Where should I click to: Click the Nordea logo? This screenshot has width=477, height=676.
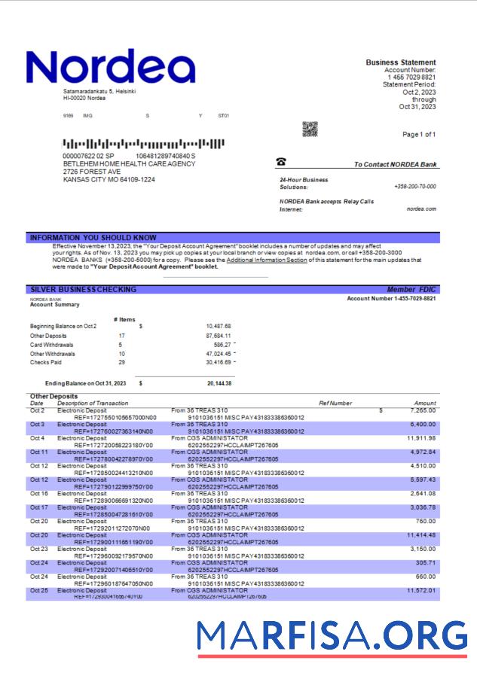coord(111,68)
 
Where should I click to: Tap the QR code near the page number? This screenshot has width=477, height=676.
coord(310,129)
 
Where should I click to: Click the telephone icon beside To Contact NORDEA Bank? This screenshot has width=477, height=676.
coord(281,162)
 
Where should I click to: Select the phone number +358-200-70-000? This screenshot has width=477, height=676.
coord(414,186)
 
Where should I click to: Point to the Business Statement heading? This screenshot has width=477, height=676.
coord(400,62)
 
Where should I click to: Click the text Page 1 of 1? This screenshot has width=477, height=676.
coord(419,134)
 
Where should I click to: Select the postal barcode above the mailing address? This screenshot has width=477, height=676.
coord(143,143)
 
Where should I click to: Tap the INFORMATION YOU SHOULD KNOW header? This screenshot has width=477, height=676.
coord(93,237)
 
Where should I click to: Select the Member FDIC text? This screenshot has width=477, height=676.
coord(411,289)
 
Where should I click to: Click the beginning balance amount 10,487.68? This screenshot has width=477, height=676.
coord(218,326)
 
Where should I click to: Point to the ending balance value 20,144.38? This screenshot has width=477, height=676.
coord(219,383)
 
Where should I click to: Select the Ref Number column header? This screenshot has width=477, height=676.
coord(335,403)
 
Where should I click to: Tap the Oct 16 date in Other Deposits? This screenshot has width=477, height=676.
coord(38,493)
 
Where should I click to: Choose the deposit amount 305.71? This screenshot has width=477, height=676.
coord(425,562)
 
